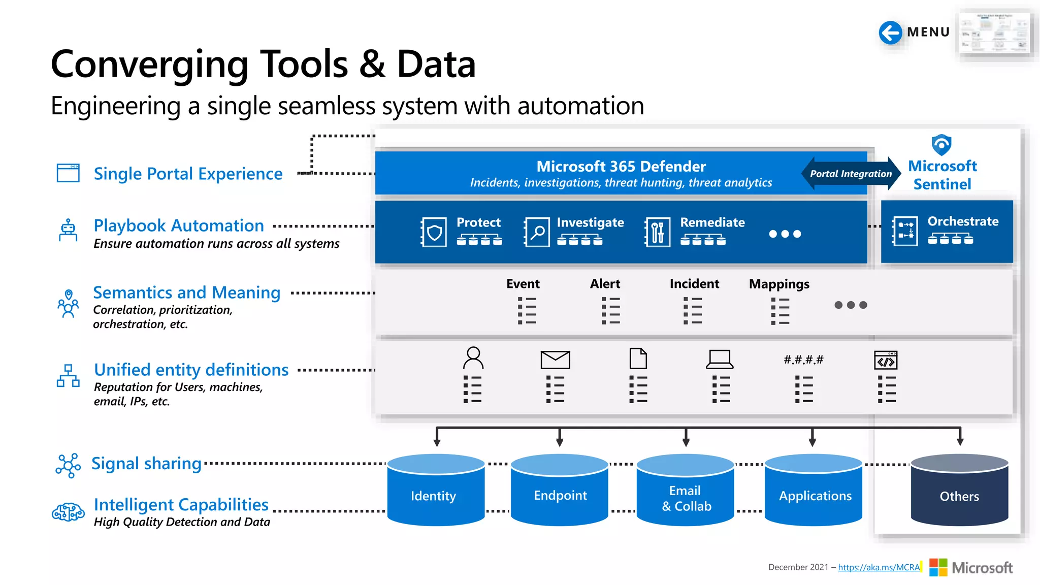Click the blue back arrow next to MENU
(890, 33)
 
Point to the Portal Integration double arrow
(851, 174)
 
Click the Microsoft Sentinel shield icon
(941, 145)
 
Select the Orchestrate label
(963, 221)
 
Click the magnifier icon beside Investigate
(537, 233)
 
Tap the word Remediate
(712, 222)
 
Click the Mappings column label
(779, 284)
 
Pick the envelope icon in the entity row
(555, 360)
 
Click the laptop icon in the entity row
(720, 359)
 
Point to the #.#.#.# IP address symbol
(803, 360)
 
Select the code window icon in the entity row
(886, 360)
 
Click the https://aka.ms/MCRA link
(879, 567)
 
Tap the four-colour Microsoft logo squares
(938, 567)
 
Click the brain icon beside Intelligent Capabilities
(68, 512)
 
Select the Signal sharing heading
(146, 464)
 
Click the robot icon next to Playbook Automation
(68, 230)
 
